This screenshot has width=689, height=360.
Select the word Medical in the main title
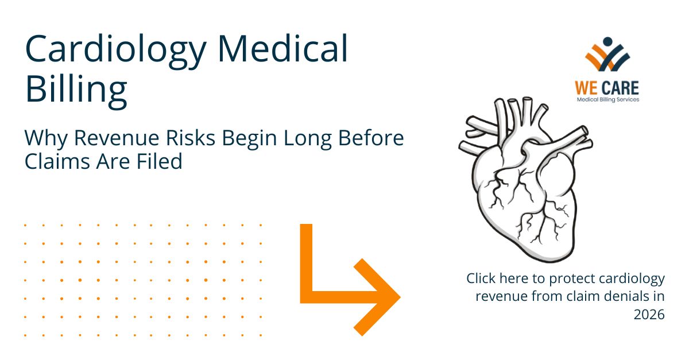(x=282, y=49)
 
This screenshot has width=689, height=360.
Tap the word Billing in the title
(x=76, y=91)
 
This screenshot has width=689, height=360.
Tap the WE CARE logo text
(x=607, y=88)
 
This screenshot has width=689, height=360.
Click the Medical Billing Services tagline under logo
(x=607, y=99)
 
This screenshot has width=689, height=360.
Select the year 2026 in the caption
(x=649, y=315)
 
